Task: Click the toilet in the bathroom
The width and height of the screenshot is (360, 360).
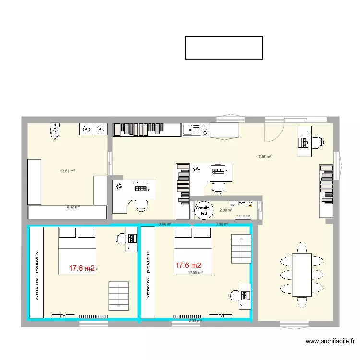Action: pyautogui.click(x=55, y=130)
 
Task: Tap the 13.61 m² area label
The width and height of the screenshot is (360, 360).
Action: pyautogui.click(x=67, y=171)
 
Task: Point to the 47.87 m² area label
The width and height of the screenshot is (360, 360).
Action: pyautogui.click(x=264, y=156)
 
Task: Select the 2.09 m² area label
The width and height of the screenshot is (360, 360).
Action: pyautogui.click(x=226, y=210)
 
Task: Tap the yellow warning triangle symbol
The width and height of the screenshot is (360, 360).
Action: pyautogui.click(x=251, y=205)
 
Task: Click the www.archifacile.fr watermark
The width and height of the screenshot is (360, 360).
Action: pyautogui.click(x=330, y=342)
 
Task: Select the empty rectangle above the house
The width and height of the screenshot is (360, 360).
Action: pyautogui.click(x=224, y=48)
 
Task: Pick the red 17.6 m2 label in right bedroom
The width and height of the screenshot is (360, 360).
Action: pyautogui.click(x=188, y=265)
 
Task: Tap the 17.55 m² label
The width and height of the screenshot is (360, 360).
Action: pyautogui.click(x=195, y=272)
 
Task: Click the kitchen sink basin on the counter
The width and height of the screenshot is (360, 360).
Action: pyautogui.click(x=191, y=130)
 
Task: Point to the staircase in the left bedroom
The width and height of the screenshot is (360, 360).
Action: pyautogui.click(x=119, y=295)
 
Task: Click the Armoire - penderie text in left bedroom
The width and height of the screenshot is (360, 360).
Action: pyautogui.click(x=36, y=274)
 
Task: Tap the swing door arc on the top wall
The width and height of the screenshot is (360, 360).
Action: pyautogui.click(x=274, y=130)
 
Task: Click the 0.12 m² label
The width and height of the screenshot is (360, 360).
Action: pyautogui.click(x=73, y=207)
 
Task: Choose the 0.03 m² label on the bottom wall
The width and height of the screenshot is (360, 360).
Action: pyautogui.click(x=195, y=321)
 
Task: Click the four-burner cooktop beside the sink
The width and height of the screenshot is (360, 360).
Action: pyautogui.click(x=205, y=130)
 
